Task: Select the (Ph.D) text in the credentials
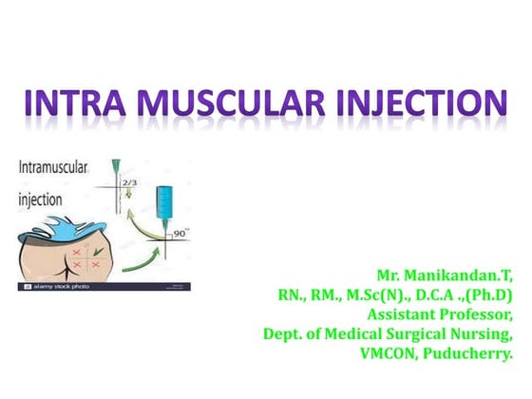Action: coord(489,295)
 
